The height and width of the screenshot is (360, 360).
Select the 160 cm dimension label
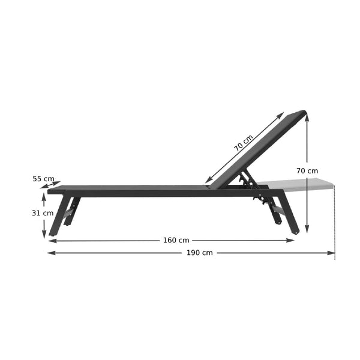pos(176,241)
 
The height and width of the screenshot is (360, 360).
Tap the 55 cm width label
pos(43,178)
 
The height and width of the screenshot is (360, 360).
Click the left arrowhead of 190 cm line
pos(50,253)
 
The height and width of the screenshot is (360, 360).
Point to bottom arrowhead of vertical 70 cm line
pos(307,230)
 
